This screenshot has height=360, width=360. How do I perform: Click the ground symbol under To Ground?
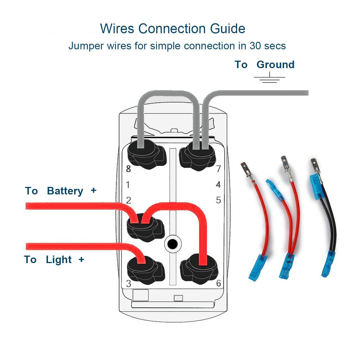[269, 78]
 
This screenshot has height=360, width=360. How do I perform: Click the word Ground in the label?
[275, 65]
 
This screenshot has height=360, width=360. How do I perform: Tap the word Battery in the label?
[65, 191]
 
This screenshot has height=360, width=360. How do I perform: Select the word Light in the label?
[59, 260]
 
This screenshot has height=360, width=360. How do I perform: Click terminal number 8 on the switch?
[128, 169]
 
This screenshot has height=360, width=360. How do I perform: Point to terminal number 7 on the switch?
[218, 169]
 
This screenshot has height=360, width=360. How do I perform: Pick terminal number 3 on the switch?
[128, 284]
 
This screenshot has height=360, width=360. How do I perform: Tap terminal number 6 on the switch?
[218, 283]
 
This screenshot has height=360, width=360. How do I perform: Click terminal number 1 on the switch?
[128, 185]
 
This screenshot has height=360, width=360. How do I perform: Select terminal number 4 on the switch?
[218, 185]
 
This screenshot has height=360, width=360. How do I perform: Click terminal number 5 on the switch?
[218, 200]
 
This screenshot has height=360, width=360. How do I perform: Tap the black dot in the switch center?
[173, 244]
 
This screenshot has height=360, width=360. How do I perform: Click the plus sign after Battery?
[93, 191]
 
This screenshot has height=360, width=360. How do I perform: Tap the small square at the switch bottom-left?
[141, 295]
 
